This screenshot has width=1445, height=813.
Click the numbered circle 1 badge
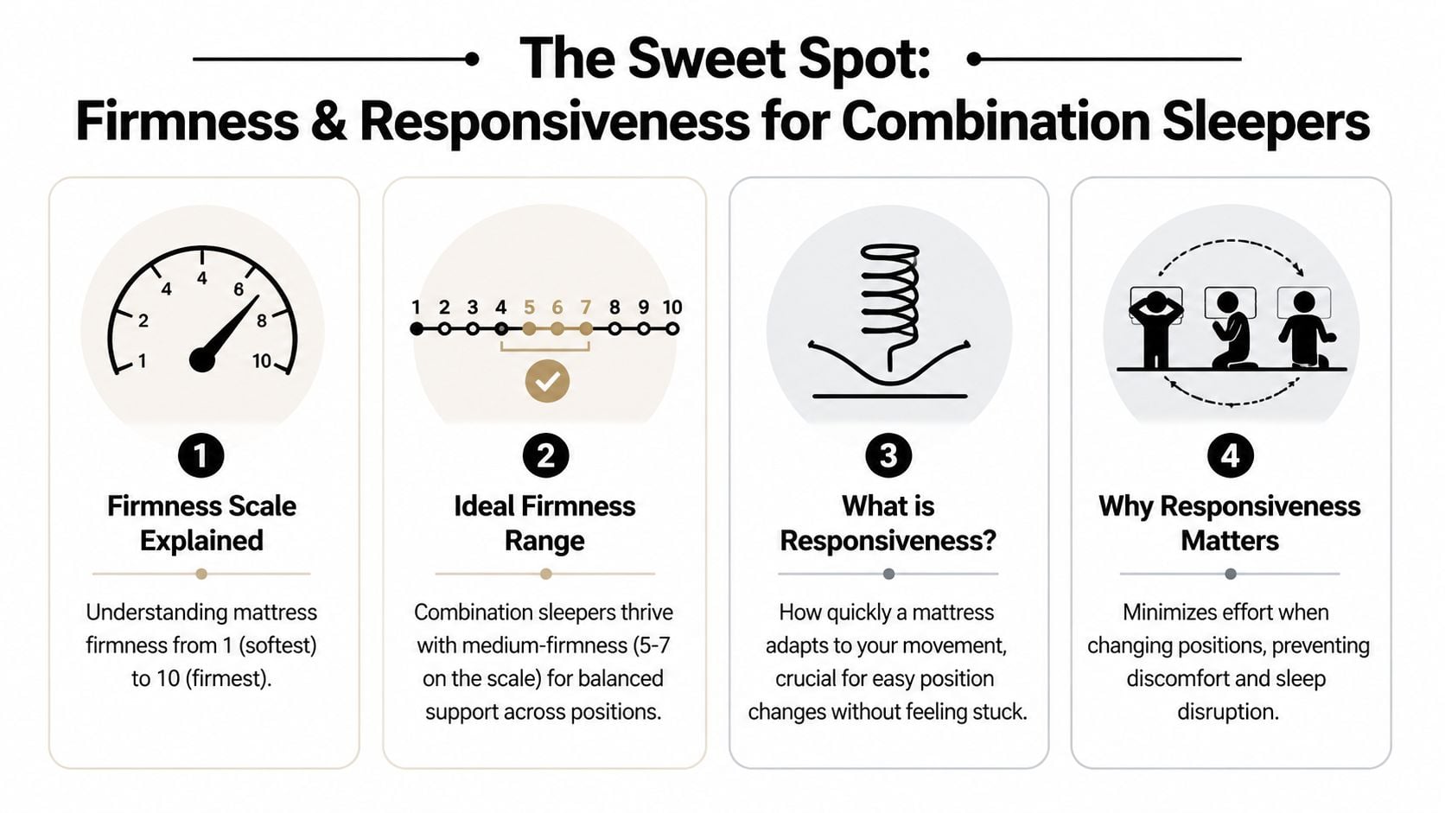point(201,455)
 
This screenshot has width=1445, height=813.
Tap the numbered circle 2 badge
point(544,455)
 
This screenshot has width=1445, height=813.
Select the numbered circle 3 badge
point(888,455)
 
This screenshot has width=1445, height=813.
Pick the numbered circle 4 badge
point(1230,455)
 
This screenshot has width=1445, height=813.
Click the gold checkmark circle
point(547,380)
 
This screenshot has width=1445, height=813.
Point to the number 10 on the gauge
point(261,361)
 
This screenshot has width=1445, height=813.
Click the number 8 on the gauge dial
point(262,321)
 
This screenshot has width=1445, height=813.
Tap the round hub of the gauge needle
point(202,359)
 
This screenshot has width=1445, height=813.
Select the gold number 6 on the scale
point(557,307)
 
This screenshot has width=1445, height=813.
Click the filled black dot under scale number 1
point(417,329)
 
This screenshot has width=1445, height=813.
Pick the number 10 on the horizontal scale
point(672,307)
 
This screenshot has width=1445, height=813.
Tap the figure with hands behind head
point(1155,328)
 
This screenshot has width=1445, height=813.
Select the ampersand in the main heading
point(328,122)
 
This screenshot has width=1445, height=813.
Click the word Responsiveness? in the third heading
point(888,541)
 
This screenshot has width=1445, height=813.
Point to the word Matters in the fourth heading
point(1229,541)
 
